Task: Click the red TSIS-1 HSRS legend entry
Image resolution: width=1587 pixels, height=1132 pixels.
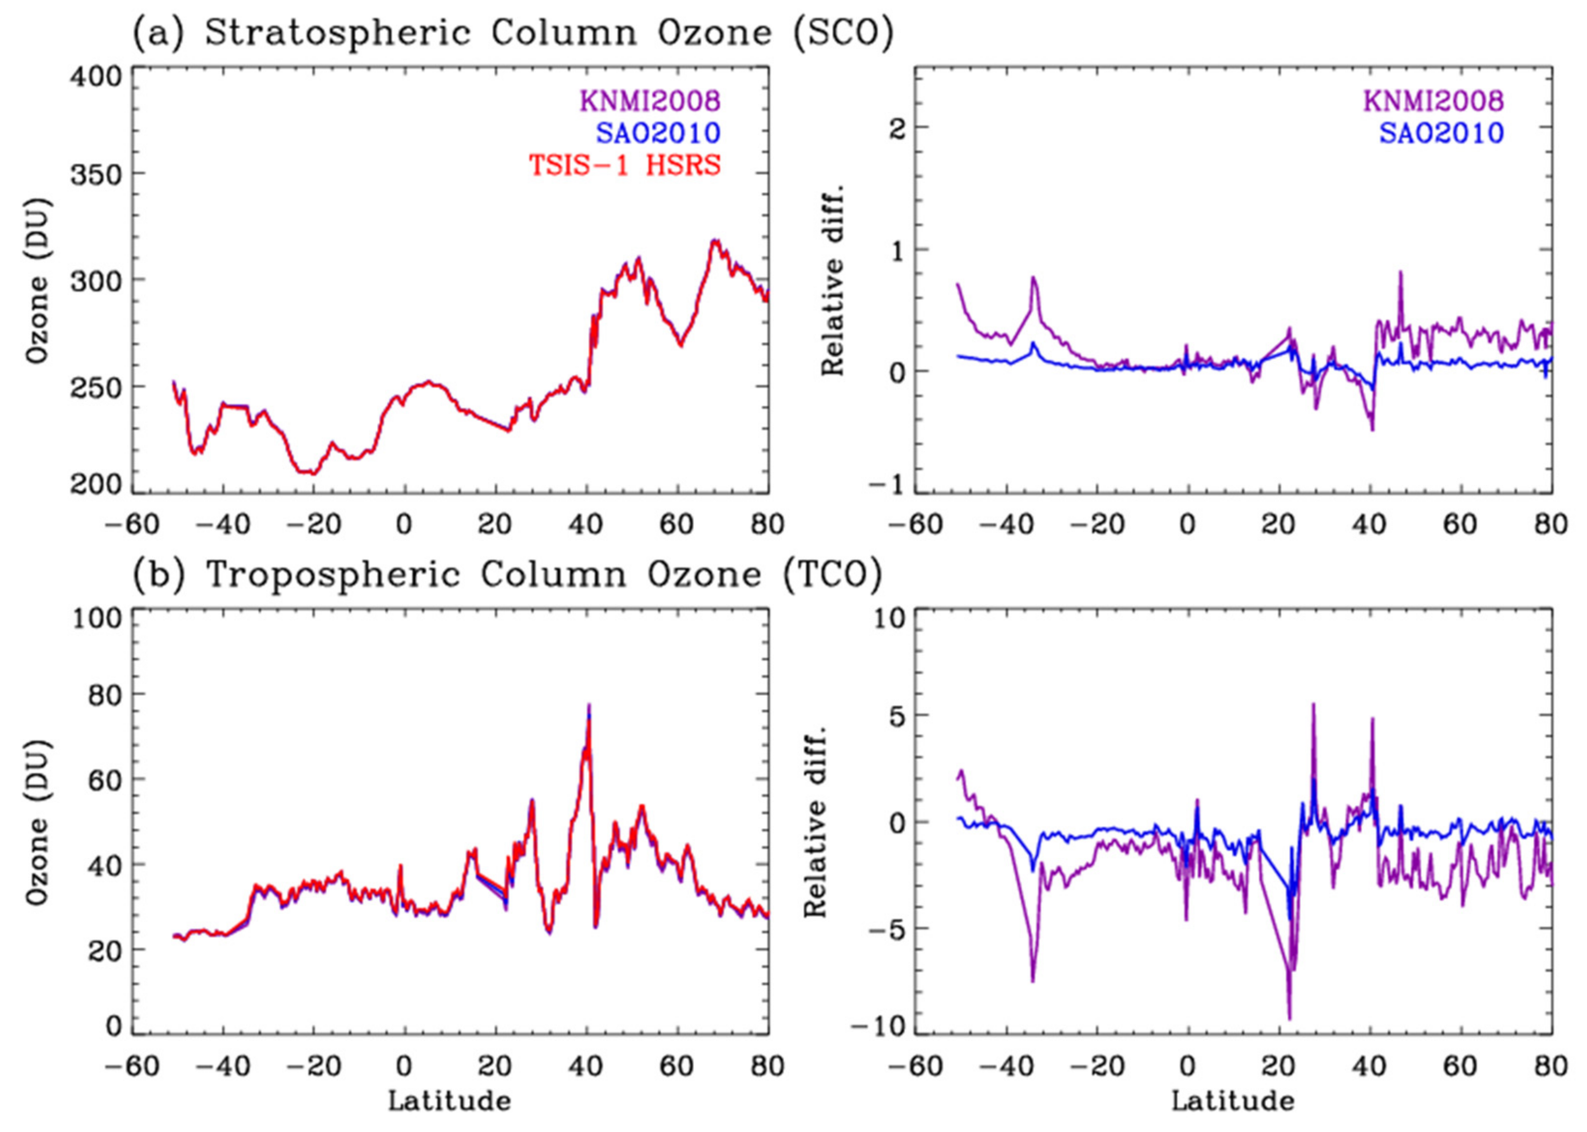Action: (x=624, y=165)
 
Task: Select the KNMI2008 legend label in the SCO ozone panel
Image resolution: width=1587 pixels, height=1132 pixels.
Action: (x=649, y=101)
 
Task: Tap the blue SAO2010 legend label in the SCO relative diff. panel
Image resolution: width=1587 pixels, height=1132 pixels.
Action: (x=1441, y=133)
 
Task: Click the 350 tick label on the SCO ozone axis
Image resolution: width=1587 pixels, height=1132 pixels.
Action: (x=96, y=174)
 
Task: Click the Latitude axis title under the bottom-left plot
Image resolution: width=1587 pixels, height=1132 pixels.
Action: (x=449, y=1101)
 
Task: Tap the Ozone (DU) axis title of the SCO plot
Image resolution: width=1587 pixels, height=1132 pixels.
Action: (x=38, y=280)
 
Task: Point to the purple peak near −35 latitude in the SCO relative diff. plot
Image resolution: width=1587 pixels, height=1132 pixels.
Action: (x=1034, y=278)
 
